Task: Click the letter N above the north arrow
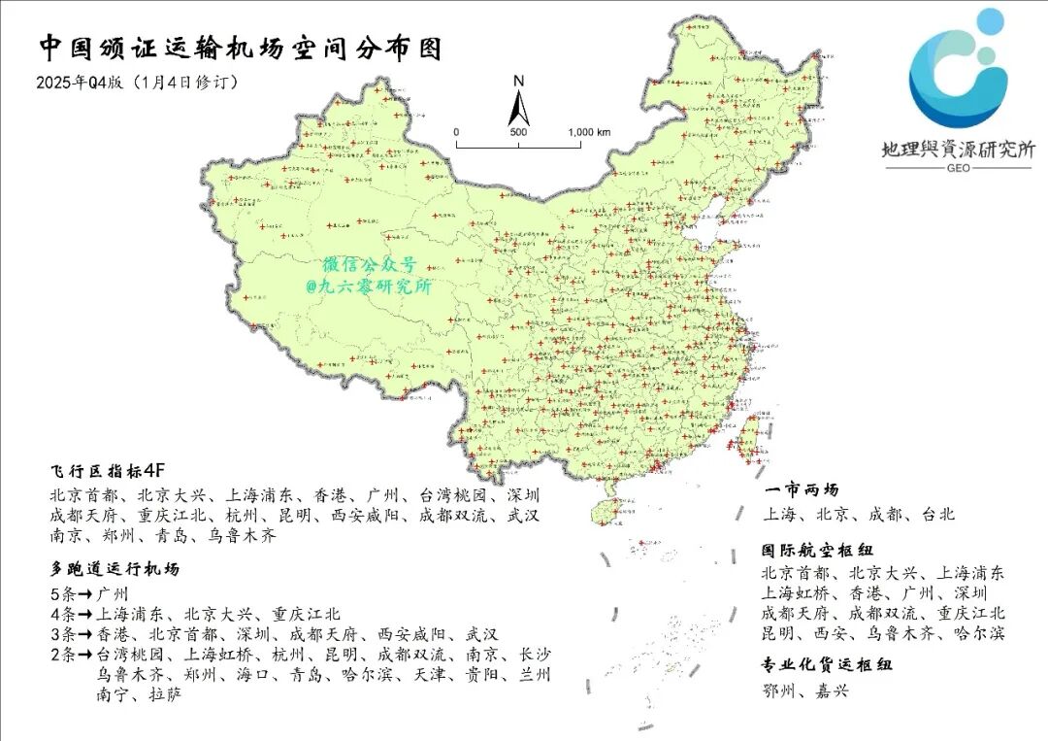click(519, 81)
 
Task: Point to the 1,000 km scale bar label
click(589, 131)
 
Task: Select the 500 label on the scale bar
click(518, 131)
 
